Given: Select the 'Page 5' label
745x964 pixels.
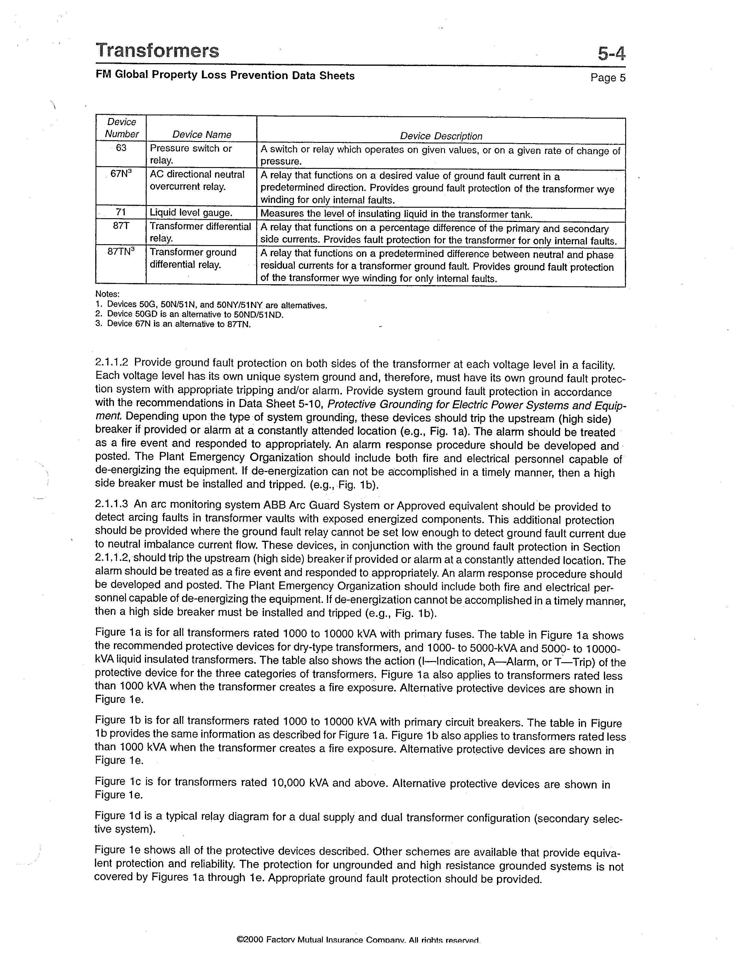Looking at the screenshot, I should [x=608, y=78].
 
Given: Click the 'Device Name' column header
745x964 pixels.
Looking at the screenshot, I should [x=202, y=135].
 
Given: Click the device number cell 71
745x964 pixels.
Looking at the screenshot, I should [x=121, y=213].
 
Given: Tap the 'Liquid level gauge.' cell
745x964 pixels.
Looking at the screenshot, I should [x=191, y=213].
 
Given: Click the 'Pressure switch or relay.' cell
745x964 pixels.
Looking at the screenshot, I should [x=191, y=154].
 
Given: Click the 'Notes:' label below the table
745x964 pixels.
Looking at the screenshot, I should [x=107, y=294].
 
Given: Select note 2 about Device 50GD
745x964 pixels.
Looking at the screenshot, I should [x=189, y=314].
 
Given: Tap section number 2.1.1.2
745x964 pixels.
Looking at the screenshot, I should [x=112, y=363].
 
